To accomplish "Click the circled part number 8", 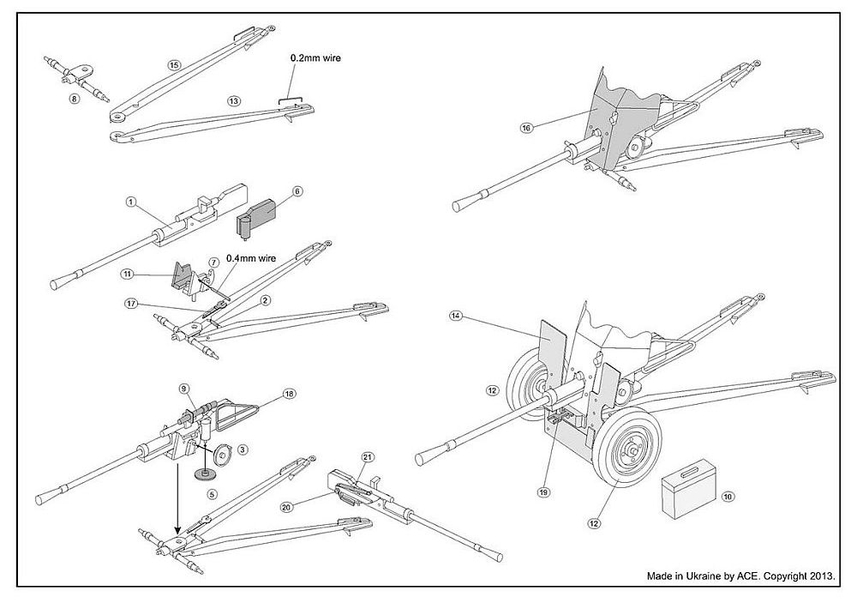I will [x=74, y=99].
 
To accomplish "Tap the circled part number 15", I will [x=175, y=64].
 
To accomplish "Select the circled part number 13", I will [x=232, y=100].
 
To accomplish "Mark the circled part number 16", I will [x=526, y=128].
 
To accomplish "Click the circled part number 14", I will [x=455, y=317].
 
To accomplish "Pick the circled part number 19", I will [x=542, y=491].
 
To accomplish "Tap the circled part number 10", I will [x=728, y=497].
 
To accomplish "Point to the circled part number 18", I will [x=288, y=393].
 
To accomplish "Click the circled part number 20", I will [x=286, y=507].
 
